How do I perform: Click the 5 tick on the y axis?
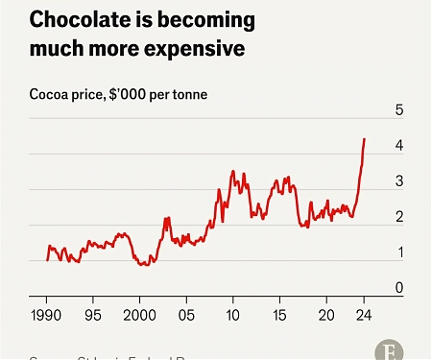point(398,110)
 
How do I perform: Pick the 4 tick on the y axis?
point(398,146)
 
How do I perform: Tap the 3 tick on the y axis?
point(398,181)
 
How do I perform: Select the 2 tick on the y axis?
point(398,217)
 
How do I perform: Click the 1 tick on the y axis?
point(398,252)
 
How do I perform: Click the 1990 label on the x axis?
point(47,315)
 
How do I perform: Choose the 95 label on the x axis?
point(94,315)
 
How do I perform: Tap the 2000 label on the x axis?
point(140,315)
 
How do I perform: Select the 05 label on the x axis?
point(187,315)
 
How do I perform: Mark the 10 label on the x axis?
point(233,315)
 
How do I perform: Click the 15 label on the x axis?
point(279,315)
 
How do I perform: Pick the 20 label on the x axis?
point(326,315)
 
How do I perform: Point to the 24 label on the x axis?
point(364,315)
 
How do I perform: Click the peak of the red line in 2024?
point(365,138)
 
